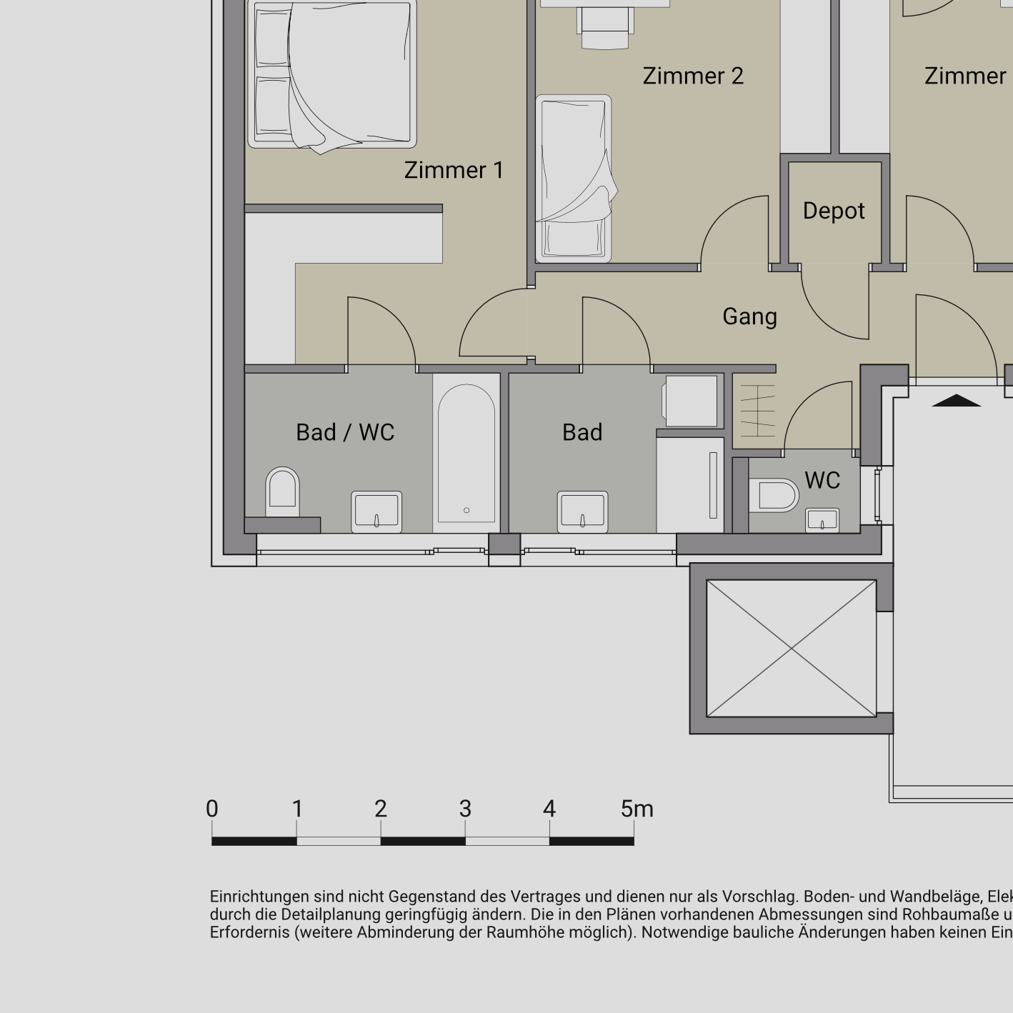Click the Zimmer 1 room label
pyautogui.click(x=454, y=170)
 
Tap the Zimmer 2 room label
pyautogui.click(x=692, y=76)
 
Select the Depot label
pyautogui.click(x=833, y=211)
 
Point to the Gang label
pyautogui.click(x=749, y=316)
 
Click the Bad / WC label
pyautogui.click(x=345, y=432)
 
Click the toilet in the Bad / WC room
pyautogui.click(x=282, y=491)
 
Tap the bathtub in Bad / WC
pyautogui.click(x=466, y=453)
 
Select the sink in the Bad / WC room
pyautogui.click(x=376, y=512)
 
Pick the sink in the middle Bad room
pyautogui.click(x=583, y=512)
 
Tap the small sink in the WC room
pyautogui.click(x=822, y=520)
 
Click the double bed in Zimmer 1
pyautogui.click(x=332, y=74)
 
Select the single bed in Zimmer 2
pyautogui.click(x=574, y=179)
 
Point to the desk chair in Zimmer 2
pyautogui.click(x=606, y=29)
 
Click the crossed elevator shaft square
pyautogui.click(x=791, y=648)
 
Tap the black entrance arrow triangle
pyautogui.click(x=957, y=401)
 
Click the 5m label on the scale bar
pyautogui.click(x=637, y=809)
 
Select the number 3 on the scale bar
pyautogui.click(x=465, y=809)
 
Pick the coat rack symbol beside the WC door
pyautogui.click(x=756, y=411)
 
